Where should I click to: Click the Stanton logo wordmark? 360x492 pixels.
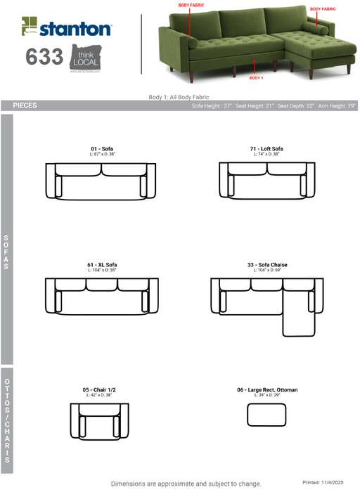click(x=74, y=30)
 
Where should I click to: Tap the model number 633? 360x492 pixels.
click(x=44, y=57)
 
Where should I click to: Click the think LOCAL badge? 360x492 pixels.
click(x=85, y=57)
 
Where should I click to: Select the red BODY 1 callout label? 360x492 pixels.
click(x=257, y=78)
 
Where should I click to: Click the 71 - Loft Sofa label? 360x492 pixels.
click(x=266, y=148)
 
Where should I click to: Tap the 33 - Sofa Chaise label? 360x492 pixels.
click(x=267, y=265)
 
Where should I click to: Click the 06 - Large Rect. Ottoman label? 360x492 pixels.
click(x=267, y=389)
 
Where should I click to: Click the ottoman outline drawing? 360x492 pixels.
click(x=267, y=415)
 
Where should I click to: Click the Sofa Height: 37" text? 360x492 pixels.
click(x=212, y=105)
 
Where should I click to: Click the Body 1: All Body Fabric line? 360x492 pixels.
click(x=179, y=97)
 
